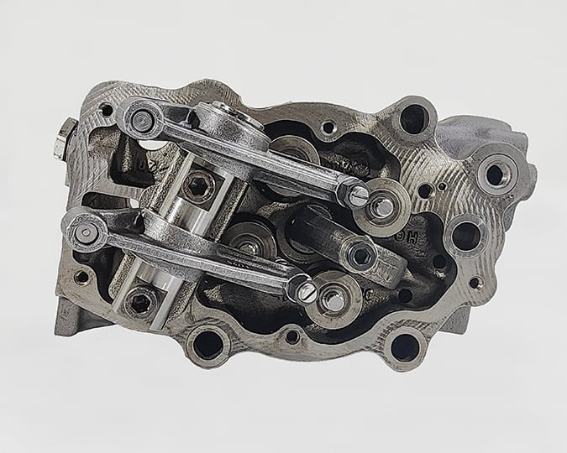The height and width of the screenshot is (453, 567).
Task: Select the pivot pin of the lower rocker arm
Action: click(x=87, y=234)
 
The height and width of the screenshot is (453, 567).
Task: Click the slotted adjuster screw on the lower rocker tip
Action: click(x=307, y=291)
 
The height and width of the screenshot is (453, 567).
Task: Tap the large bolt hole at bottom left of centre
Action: click(x=207, y=344)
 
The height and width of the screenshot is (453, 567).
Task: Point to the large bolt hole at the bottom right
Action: click(x=404, y=346)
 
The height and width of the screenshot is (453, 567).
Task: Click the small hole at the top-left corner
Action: click(x=107, y=109)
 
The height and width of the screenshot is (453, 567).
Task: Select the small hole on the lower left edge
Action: click(x=81, y=276)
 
